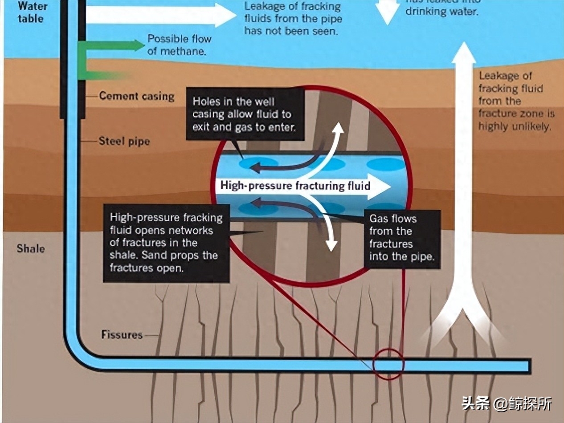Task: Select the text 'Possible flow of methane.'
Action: [179, 45]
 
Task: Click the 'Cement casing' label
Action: [137, 96]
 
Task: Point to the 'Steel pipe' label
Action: [124, 142]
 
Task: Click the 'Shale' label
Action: [31, 248]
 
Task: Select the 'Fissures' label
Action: [122, 334]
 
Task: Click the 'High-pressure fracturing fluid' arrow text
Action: [295, 185]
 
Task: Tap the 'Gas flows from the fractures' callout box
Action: [402, 238]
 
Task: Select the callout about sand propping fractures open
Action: [166, 243]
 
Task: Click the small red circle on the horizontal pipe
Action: [388, 364]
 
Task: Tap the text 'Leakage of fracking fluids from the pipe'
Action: [293, 19]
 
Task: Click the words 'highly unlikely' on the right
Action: [515, 126]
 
